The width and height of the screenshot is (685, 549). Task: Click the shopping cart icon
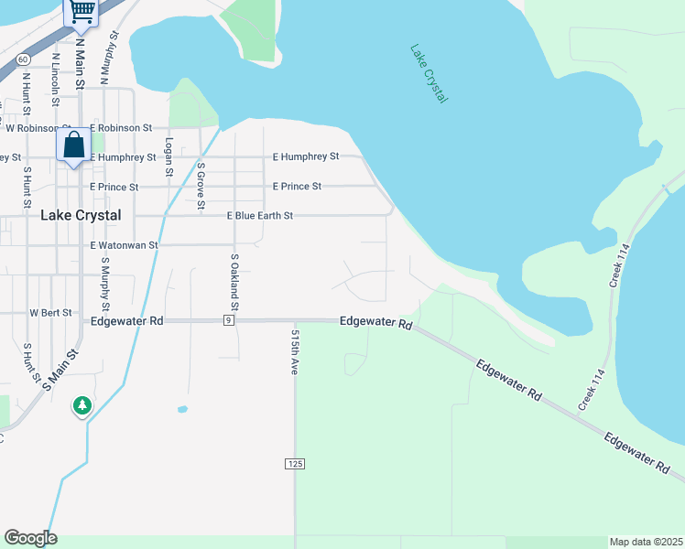(82, 10)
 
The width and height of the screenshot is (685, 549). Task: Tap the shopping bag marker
(73, 145)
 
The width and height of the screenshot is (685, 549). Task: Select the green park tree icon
(82, 404)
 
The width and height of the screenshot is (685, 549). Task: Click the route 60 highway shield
(21, 59)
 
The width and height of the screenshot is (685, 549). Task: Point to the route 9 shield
(228, 320)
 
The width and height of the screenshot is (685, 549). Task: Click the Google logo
(30, 538)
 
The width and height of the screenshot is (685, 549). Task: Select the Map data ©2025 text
(646, 542)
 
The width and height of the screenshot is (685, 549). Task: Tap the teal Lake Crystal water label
(429, 73)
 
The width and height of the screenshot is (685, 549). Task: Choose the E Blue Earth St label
(260, 216)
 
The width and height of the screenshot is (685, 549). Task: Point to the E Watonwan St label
(125, 245)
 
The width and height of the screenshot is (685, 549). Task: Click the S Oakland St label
(234, 280)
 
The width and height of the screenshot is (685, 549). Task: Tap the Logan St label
(169, 157)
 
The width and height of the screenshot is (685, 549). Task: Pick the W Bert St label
(50, 312)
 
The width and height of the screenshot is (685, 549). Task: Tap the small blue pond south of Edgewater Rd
(182, 409)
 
